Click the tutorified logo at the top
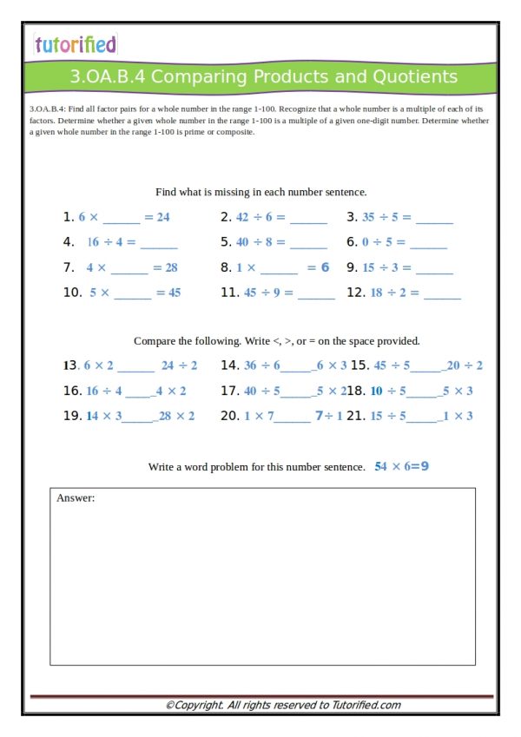(x=75, y=44)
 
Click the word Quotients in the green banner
(x=414, y=76)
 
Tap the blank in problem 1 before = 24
(x=121, y=218)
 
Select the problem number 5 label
(x=225, y=242)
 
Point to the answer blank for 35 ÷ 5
(x=433, y=218)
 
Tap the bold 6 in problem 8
(x=325, y=267)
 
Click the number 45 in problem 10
(x=175, y=293)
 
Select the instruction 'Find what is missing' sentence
(x=260, y=192)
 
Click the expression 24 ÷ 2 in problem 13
(x=179, y=365)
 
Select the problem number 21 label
(x=356, y=416)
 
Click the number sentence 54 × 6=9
(x=402, y=466)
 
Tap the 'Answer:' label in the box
(x=76, y=498)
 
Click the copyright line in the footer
(x=283, y=705)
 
